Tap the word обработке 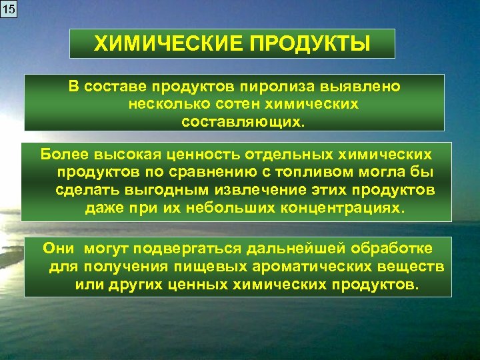pyautogui.click(x=386, y=249)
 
